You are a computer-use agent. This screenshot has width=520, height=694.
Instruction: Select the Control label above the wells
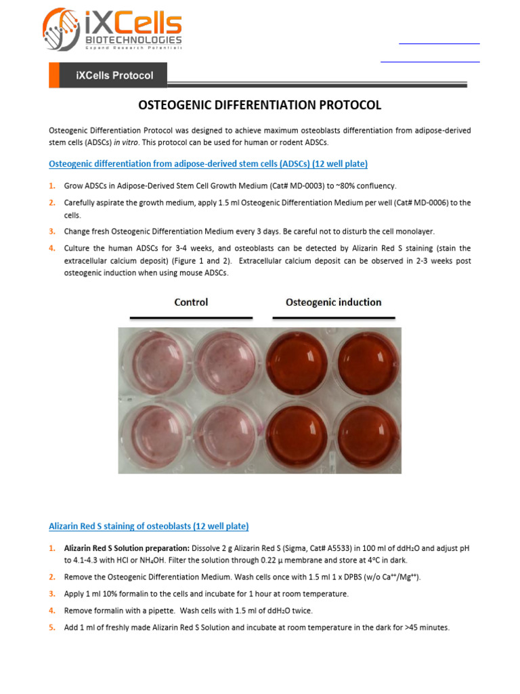[x=191, y=302]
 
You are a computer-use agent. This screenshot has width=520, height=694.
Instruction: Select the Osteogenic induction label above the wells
[x=333, y=302]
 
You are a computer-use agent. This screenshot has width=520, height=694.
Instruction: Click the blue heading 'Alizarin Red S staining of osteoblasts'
[x=148, y=526]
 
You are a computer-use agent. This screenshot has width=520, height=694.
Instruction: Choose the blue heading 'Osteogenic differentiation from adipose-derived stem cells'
[x=209, y=164]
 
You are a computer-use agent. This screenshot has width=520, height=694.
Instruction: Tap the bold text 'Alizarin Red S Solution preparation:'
[x=127, y=548]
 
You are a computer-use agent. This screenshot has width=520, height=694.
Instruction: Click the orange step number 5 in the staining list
[x=52, y=628]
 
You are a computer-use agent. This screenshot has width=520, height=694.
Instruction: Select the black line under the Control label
[x=191, y=317]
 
